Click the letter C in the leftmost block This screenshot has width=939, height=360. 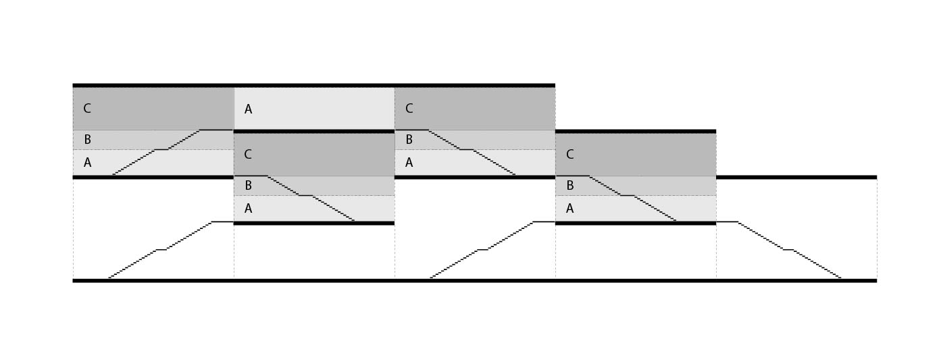(86, 108)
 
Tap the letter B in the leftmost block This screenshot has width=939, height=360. (87, 140)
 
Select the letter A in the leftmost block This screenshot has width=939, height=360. (87, 162)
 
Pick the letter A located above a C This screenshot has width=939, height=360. (248, 109)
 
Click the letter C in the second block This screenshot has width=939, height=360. (247, 154)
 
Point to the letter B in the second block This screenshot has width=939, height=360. (248, 185)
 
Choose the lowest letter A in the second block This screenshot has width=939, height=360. (248, 209)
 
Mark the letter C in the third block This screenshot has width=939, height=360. (409, 108)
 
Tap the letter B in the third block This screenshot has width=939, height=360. (409, 140)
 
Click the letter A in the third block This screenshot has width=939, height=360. (409, 162)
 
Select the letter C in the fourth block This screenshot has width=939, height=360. (569, 154)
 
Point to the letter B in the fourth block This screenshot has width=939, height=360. (569, 185)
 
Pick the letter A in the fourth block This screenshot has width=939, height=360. (569, 209)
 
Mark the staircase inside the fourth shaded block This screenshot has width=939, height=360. (628, 195)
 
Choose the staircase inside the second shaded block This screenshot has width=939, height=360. (307, 195)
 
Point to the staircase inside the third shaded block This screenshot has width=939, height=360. (467, 149)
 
